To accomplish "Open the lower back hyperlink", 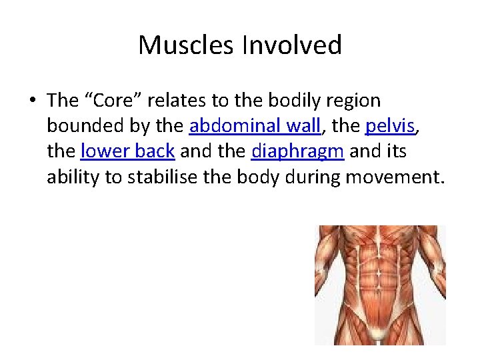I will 128,151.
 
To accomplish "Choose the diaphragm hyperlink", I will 297,151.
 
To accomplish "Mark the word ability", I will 71,177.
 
